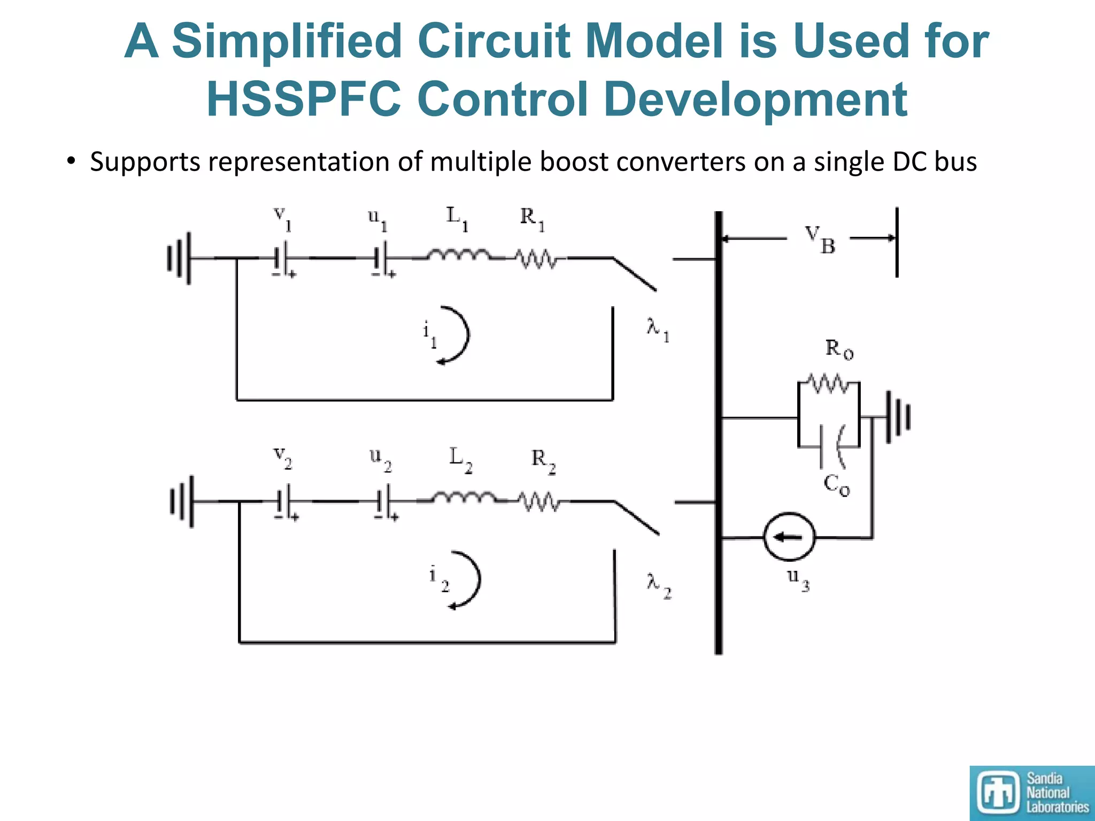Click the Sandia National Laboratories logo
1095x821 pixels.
click(1031, 793)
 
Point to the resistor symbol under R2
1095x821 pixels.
click(539, 502)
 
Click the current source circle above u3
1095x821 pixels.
click(789, 537)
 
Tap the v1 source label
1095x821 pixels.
click(282, 218)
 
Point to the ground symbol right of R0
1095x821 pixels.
click(898, 416)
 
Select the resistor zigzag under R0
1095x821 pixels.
click(828, 383)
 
